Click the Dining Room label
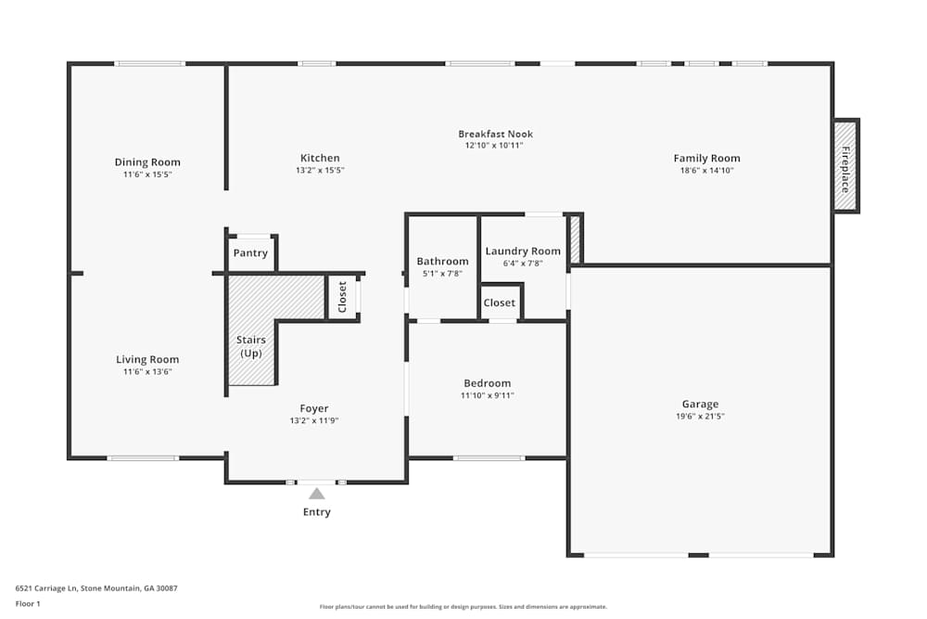(x=147, y=162)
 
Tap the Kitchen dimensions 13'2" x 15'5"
(x=320, y=171)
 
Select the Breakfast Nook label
(x=495, y=134)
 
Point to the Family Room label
(x=706, y=158)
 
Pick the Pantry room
(x=250, y=253)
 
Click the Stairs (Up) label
(x=250, y=347)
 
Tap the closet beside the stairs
(x=342, y=297)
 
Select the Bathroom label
(x=442, y=262)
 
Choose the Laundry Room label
(x=523, y=251)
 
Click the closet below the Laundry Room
(x=500, y=303)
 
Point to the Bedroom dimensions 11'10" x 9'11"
(x=487, y=395)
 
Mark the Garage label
(x=700, y=404)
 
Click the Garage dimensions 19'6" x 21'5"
(x=700, y=417)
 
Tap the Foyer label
(x=314, y=408)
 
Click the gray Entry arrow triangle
(x=317, y=494)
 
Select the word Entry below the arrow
(x=317, y=512)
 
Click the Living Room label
(x=147, y=359)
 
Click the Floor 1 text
(x=28, y=603)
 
